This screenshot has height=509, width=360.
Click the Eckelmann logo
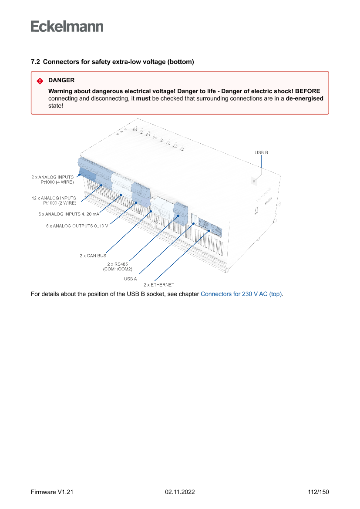(x=67, y=27)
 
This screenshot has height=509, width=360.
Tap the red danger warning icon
(x=40, y=81)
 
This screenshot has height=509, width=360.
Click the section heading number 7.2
(x=35, y=62)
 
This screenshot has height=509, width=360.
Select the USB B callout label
(x=261, y=152)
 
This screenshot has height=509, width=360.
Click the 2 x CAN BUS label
(x=93, y=256)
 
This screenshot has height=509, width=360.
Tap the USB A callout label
(x=130, y=278)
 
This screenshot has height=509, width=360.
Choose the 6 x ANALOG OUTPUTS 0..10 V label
(x=77, y=226)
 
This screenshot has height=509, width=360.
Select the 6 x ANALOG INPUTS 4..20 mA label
(x=69, y=214)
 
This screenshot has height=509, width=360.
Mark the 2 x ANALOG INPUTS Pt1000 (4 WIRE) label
(x=52, y=179)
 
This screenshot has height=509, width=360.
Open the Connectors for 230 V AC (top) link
(x=241, y=294)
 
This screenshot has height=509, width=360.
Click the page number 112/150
(x=318, y=492)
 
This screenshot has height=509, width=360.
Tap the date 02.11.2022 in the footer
(x=180, y=492)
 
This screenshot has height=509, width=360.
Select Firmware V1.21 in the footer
(x=52, y=492)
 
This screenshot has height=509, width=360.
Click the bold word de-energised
(x=304, y=99)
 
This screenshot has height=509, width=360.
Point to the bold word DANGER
(x=61, y=81)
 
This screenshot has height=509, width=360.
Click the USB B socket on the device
(x=254, y=180)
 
